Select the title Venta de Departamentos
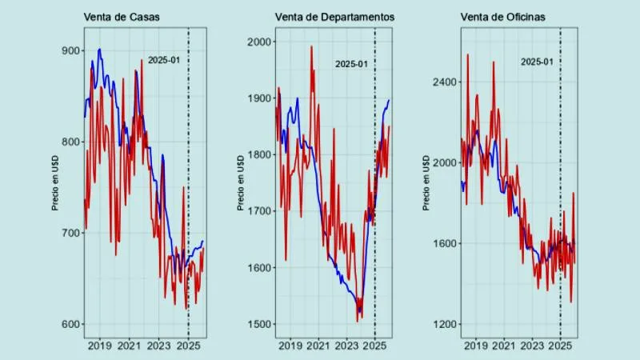click(334, 18)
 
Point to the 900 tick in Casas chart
click(72, 50)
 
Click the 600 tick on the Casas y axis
click(72, 324)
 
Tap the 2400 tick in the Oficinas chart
click(444, 82)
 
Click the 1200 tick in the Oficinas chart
click(444, 324)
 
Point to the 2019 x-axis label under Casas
click(100, 346)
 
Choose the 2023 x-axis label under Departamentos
click(346, 346)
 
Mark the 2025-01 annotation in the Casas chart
click(164, 60)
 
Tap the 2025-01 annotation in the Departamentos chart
click(351, 64)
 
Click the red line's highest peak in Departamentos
click(311, 46)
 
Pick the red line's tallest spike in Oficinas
click(467, 54)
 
